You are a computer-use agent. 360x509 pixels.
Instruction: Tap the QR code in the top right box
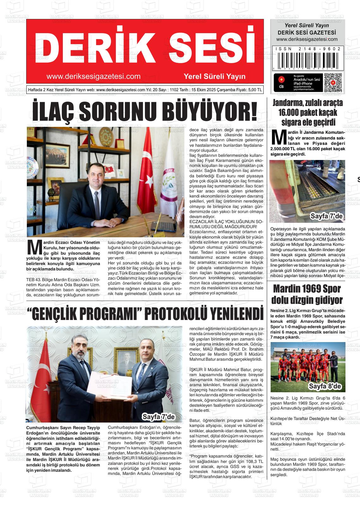(333, 83)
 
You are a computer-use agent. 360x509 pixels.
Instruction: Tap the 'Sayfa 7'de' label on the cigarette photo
(326, 216)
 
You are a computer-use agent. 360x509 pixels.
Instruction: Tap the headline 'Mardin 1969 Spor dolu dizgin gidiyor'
(307, 294)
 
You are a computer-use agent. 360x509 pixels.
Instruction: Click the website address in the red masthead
(93, 76)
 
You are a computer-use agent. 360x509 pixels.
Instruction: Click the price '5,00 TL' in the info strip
(255, 90)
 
